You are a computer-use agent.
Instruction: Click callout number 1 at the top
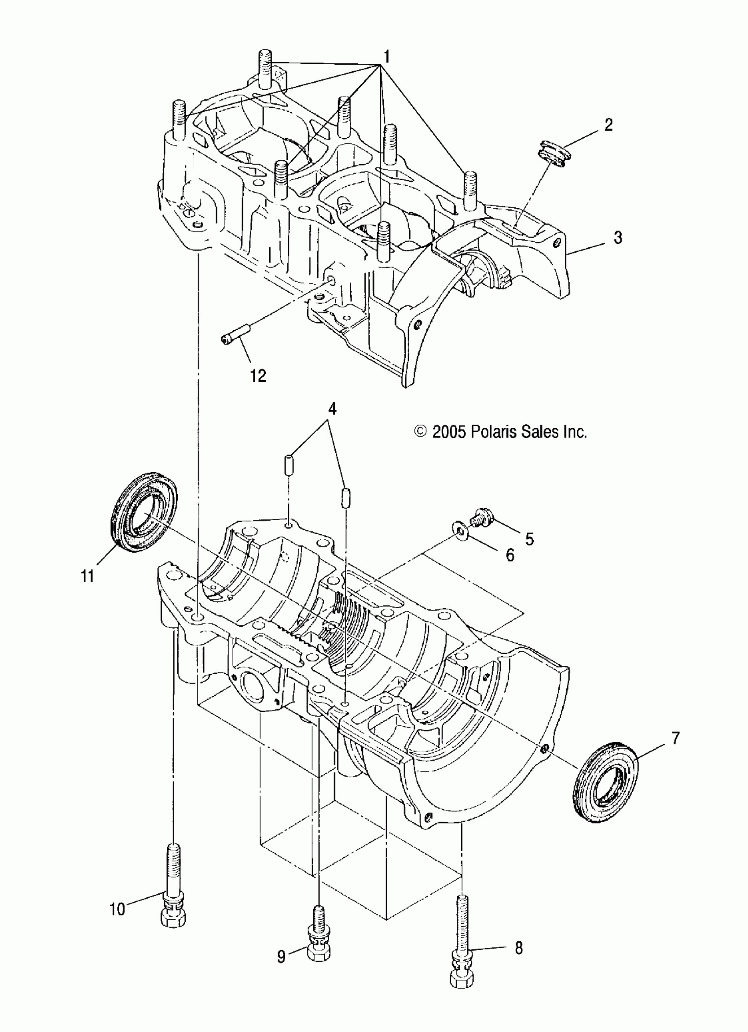click(386, 57)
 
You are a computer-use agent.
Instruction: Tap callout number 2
click(609, 125)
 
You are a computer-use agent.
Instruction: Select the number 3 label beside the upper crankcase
click(617, 237)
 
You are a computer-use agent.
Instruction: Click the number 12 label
click(258, 376)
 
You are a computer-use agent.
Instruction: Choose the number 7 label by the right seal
click(675, 738)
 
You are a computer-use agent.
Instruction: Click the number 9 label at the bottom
click(282, 957)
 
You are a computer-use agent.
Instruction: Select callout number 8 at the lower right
click(518, 948)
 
